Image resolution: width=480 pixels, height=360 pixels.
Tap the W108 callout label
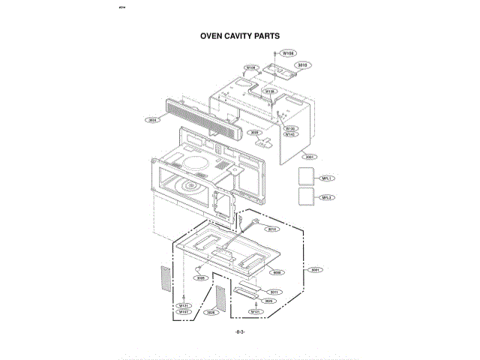[289, 54]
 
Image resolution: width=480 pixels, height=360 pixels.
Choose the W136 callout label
[270, 91]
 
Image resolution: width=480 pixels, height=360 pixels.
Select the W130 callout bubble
[290, 128]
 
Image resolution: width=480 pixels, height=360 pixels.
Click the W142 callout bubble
[290, 134]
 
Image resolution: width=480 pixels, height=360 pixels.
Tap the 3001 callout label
[308, 157]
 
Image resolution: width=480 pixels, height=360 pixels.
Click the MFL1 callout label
[326, 178]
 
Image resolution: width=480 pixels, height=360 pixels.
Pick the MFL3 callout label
[326, 197]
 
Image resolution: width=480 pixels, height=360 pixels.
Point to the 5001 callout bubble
[316, 269]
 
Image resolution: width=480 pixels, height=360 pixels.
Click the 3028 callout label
[200, 277]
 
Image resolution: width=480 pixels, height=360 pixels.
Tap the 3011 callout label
[274, 292]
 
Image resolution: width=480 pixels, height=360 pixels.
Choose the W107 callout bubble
[183, 312]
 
